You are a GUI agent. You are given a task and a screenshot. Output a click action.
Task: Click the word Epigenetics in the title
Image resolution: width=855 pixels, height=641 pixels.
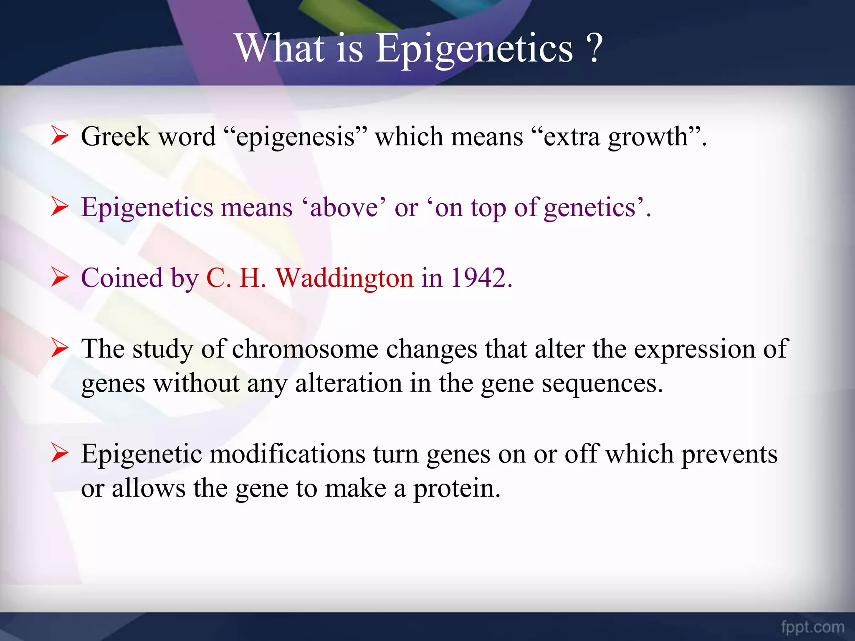coord(474,49)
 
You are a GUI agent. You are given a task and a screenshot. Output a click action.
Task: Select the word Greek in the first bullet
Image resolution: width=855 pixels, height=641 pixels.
coord(115,136)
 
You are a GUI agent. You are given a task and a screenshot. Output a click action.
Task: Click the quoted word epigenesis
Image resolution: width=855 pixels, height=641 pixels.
coord(296,137)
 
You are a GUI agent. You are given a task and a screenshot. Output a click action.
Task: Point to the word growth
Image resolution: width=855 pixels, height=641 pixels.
coord(648,137)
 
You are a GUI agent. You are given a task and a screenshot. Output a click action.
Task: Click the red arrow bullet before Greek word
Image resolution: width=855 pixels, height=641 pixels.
coord(60,136)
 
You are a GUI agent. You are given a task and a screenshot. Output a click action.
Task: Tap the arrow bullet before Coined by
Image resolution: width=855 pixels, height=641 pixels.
coord(60,278)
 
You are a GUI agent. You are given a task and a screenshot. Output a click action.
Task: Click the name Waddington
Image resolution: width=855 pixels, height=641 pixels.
coord(344,278)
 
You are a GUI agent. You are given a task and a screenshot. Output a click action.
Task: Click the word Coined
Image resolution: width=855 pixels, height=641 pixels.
coord(121,278)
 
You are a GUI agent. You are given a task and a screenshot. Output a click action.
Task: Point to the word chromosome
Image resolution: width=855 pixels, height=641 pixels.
coord(305,349)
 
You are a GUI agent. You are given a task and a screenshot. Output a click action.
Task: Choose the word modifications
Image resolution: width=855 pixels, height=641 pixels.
coord(287,454)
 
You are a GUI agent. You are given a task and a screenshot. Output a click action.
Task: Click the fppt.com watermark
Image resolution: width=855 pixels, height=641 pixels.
coord(812,627)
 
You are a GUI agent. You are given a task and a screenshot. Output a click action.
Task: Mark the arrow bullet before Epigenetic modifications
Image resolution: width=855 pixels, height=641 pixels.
coord(60,454)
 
